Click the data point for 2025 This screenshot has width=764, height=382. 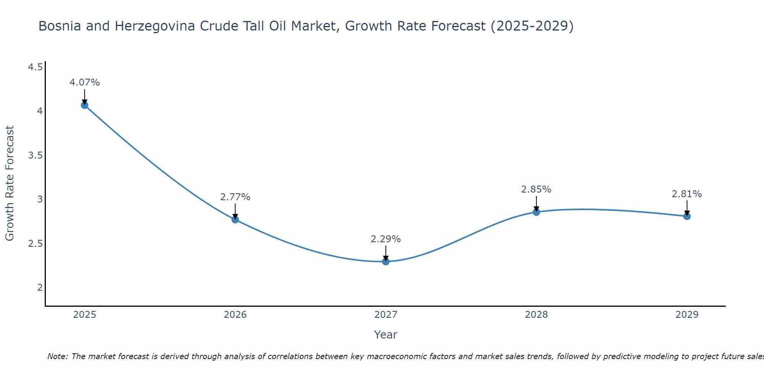point(85,105)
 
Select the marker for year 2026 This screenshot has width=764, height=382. point(235,219)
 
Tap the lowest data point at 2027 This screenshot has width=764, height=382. point(386,261)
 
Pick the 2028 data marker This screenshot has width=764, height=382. point(536,212)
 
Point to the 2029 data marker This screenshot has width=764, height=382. point(687,216)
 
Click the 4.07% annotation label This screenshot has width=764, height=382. point(85,83)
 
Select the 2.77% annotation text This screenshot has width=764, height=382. point(235,197)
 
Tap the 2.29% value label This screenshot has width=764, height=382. point(386,239)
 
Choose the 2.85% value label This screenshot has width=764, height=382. point(536,189)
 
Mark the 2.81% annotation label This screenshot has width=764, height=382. point(687,194)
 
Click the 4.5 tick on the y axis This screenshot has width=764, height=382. point(36,68)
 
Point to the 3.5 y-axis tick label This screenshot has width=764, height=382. point(36,155)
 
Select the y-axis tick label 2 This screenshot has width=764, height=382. point(40,287)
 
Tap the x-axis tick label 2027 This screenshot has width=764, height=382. point(386,315)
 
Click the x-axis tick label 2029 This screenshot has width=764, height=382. point(687,315)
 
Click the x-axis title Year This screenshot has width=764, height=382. point(386,335)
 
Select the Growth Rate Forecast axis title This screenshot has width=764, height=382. point(10,183)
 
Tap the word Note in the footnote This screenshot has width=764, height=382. point(57,356)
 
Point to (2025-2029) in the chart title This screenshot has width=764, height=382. point(532,26)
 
